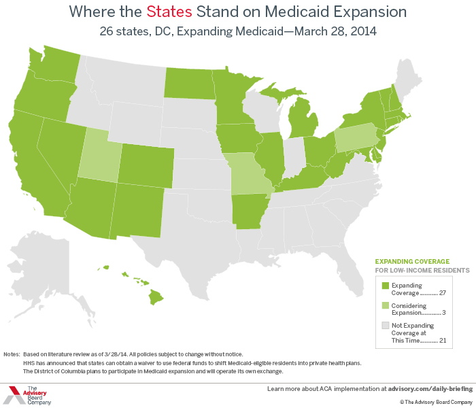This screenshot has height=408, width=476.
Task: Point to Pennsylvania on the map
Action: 356,137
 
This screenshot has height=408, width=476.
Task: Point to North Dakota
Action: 188,86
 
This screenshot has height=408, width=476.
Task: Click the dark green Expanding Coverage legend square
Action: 384,286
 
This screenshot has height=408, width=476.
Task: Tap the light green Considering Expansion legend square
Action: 384,306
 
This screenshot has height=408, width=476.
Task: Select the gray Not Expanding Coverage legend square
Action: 384,326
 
